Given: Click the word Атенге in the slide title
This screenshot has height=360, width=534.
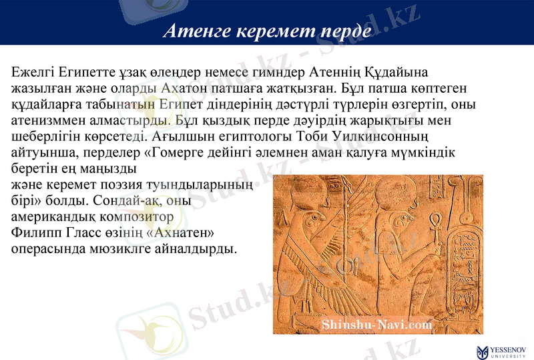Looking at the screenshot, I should click(193, 31).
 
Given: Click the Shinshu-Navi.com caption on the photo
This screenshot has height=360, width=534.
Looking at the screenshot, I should click(377, 325).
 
